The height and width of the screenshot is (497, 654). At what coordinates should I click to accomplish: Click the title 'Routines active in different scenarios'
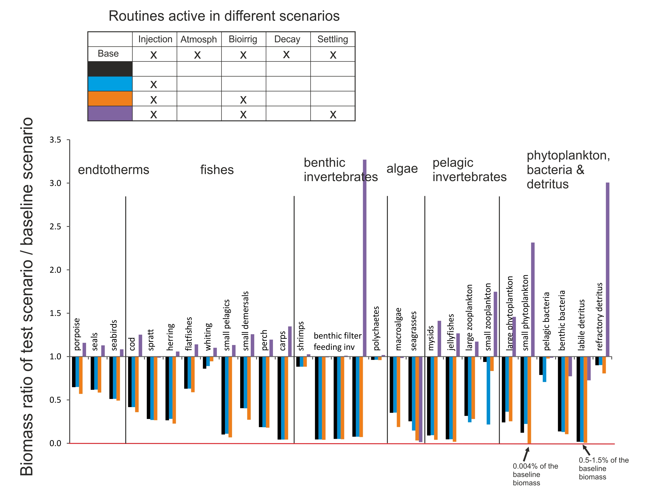pyautogui.click(x=224, y=16)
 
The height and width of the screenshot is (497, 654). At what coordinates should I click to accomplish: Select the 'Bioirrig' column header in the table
pyautogui.click(x=243, y=39)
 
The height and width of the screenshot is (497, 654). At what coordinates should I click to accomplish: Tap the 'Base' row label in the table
pyautogui.click(x=108, y=54)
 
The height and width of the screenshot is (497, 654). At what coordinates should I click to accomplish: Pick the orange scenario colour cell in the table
pyautogui.click(x=110, y=98)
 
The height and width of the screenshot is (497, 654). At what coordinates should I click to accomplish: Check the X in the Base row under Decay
pyautogui.click(x=286, y=54)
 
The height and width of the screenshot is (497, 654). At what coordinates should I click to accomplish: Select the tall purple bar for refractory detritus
pyautogui.click(x=608, y=269)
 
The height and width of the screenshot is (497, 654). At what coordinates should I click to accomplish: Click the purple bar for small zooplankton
pyautogui.click(x=496, y=324)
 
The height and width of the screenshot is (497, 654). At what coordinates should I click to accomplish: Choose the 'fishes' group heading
pyautogui.click(x=217, y=170)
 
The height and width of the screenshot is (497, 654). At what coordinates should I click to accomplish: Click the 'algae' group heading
pyautogui.click(x=402, y=169)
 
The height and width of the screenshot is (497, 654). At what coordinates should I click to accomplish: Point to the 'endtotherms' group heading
pyautogui.click(x=114, y=170)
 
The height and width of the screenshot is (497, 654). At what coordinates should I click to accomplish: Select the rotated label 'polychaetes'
pyautogui.click(x=376, y=328)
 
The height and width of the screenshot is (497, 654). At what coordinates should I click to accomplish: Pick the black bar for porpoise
pyautogui.click(x=74, y=372)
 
